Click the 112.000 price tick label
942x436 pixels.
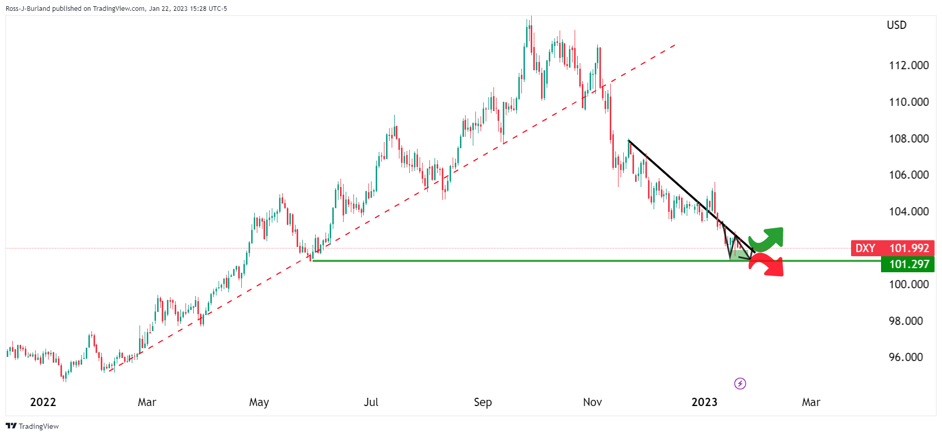908,66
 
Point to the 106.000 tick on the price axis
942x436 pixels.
908,175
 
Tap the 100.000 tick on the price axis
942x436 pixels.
908,285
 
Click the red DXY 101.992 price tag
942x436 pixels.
892,248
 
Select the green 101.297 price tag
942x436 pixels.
908,264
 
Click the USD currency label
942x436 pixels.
897,25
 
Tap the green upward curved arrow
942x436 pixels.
768,238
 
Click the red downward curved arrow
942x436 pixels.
768,266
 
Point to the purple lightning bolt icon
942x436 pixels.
740,384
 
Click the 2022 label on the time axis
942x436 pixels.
43,402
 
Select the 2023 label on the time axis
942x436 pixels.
704,402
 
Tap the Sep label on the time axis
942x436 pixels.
483,402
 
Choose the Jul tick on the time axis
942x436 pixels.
371,402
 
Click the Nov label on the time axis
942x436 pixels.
592,402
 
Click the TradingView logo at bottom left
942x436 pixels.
32,426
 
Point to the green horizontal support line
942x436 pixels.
517,261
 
